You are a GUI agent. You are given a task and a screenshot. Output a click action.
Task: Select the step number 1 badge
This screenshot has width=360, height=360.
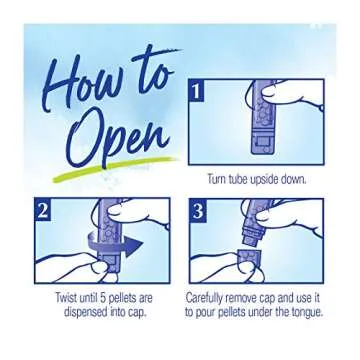pyautogui.click(x=197, y=92)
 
